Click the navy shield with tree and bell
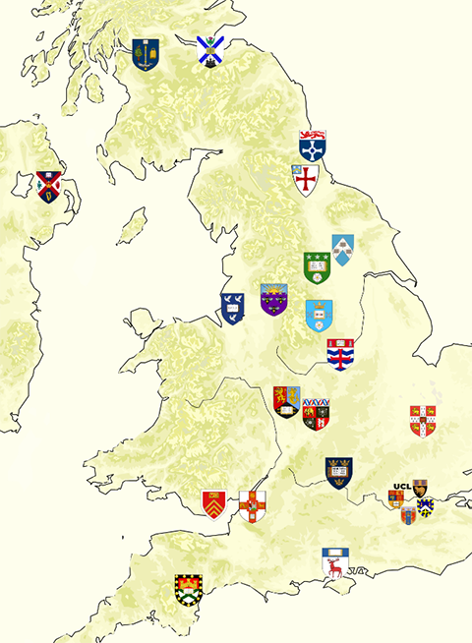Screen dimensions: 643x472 coord(146,54)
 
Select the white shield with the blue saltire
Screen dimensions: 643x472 coord(207,50)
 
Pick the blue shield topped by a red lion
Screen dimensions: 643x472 coord(313,145)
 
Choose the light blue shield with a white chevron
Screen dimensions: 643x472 coord(342,249)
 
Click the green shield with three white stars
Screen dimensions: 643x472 coord(316,266)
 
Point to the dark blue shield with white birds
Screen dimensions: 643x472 coord(232,310)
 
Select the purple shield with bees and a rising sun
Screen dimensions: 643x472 coord(273,299)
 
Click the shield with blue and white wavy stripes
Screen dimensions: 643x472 coord(340,354)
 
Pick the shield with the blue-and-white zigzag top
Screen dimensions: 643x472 coord(316,415)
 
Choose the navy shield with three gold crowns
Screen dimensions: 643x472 coord(338,471)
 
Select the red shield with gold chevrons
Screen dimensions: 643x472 coord(214,504)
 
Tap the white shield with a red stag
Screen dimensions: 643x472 coord(335,563)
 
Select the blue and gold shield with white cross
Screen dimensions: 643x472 coord(426,506)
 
